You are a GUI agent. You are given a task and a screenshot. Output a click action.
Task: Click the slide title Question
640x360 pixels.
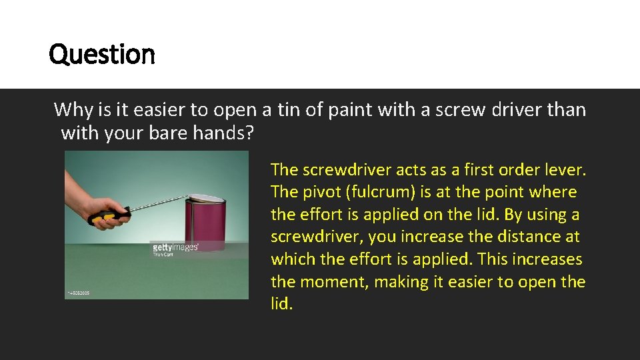click(102, 54)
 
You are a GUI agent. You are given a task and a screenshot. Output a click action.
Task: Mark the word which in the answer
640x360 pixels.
click(291, 259)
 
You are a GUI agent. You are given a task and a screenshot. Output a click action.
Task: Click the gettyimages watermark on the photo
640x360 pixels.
click(176, 247)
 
